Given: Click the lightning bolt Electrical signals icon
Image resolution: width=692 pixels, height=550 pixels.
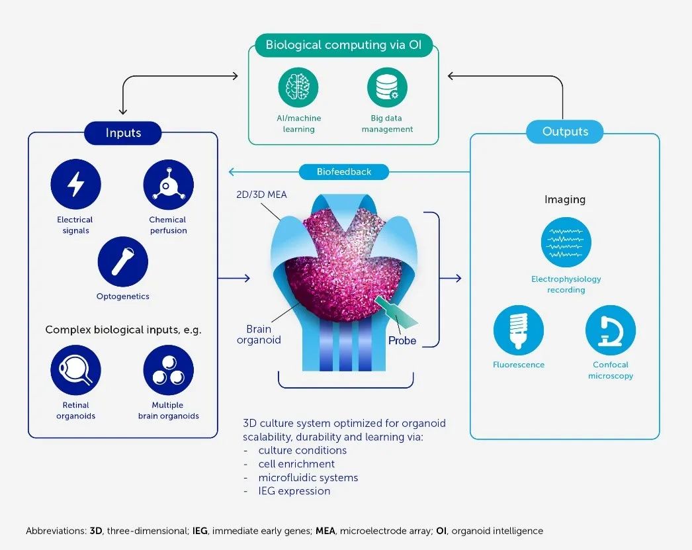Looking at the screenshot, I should (x=76, y=185).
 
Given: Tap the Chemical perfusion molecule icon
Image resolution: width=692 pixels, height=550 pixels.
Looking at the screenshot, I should (x=168, y=185).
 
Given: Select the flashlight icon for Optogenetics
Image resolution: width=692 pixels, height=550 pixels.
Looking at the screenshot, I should (x=122, y=261).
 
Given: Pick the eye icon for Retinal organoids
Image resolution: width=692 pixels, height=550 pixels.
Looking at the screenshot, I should (x=76, y=371).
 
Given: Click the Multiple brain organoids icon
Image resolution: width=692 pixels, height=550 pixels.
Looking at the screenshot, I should (x=168, y=371).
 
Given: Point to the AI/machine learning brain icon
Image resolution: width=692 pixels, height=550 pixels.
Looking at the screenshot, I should (x=298, y=87).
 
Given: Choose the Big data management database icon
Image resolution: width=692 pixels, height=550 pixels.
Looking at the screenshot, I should (x=387, y=87).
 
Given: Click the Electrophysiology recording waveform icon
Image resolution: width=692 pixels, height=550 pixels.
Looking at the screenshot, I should (x=566, y=242).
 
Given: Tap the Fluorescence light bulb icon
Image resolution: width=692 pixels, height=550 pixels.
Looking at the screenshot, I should (x=519, y=329).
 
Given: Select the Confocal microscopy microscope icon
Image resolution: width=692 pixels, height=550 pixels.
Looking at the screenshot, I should (x=611, y=329).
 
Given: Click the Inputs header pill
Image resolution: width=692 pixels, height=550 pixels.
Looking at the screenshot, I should (x=123, y=132).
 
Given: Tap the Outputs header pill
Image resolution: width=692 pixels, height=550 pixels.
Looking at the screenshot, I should (x=565, y=131).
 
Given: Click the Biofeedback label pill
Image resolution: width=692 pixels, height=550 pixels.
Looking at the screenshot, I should (x=344, y=172).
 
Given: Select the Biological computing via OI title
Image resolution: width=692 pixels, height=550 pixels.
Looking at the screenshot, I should (x=343, y=45).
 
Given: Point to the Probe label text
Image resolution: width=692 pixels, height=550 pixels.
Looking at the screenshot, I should (x=402, y=340).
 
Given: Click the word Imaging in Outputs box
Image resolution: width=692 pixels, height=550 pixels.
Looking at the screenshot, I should (x=565, y=199).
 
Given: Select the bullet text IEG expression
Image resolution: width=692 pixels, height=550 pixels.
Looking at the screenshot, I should (x=294, y=491).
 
